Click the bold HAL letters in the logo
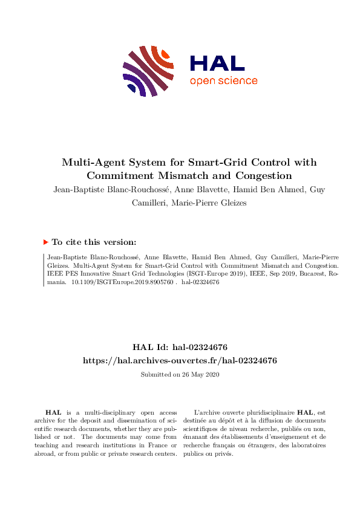tap(217, 63)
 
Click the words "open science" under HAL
tap(223, 81)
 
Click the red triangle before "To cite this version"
tap(46, 242)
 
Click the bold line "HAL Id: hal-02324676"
tap(180, 347)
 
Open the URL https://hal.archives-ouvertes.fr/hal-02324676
tap(180, 360)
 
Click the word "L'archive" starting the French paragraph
tap(203, 412)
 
